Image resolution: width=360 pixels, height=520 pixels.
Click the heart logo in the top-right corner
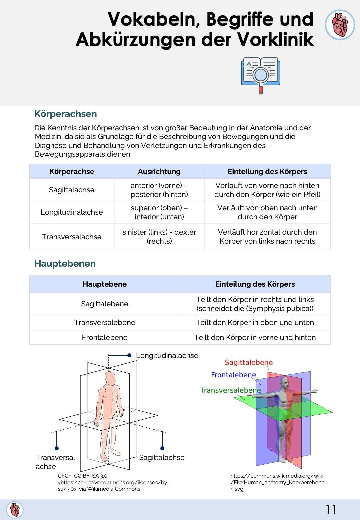[340, 25]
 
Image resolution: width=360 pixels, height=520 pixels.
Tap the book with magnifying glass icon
[260, 75]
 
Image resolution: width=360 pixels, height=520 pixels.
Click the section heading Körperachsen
[66, 114]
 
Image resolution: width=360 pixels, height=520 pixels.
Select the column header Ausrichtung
[159, 172]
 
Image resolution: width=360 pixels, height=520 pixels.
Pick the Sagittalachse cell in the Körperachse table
[72, 190]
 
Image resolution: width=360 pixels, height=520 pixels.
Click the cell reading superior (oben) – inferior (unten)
[159, 212]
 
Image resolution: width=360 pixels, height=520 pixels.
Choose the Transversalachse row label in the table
[72, 237]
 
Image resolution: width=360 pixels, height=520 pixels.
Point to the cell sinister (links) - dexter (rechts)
[159, 237]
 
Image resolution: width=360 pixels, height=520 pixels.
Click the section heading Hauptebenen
[65, 264]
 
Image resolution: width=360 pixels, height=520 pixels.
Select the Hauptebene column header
[105, 284]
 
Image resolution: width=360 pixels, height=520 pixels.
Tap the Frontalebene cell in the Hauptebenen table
[105, 338]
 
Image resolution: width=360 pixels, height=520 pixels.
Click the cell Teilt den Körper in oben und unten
[255, 323]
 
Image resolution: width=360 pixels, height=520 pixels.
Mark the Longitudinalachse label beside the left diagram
[167, 356]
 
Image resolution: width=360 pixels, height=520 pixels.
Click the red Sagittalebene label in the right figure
[249, 363]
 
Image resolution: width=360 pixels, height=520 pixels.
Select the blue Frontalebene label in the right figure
[233, 375]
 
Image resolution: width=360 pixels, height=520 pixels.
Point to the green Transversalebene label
[231, 390]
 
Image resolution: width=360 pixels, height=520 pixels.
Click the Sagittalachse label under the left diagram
[162, 458]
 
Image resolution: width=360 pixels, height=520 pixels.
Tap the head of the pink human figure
[110, 379]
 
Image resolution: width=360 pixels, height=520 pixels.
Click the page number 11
[331, 510]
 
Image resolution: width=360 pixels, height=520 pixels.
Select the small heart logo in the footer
[15, 510]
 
